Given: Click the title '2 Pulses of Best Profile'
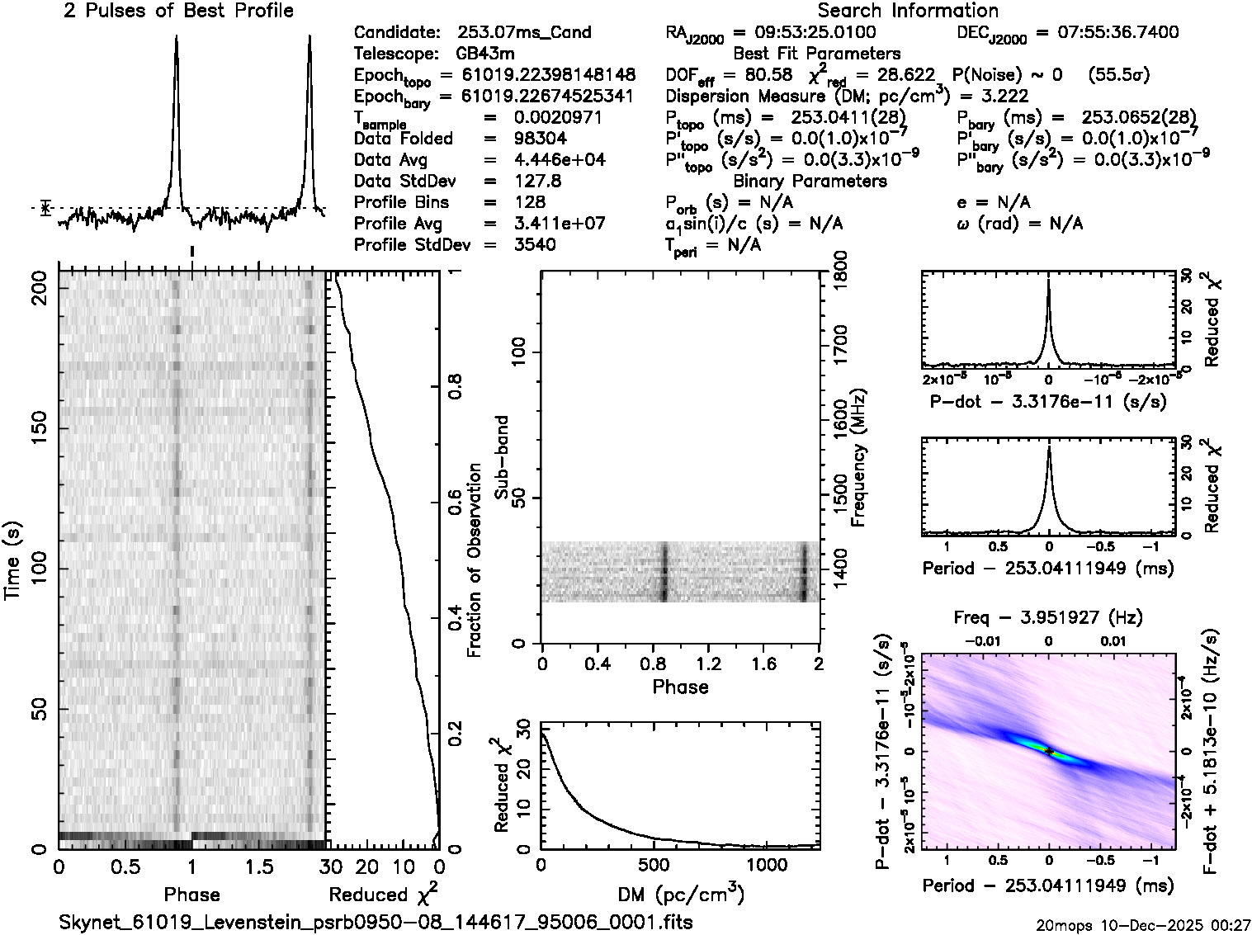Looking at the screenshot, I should [x=178, y=11].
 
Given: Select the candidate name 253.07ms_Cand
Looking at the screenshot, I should [x=524, y=32].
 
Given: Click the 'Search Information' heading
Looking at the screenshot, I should [x=908, y=11].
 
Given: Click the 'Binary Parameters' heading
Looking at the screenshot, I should [x=810, y=181].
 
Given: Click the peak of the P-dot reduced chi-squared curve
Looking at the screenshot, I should [x=1048, y=280].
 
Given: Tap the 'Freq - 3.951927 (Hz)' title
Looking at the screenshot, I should [x=1048, y=617].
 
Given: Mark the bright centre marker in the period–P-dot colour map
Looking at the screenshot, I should [x=1048, y=751].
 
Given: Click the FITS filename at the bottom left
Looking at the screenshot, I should [x=376, y=921].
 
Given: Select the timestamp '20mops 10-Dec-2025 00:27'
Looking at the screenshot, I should [x=1144, y=926].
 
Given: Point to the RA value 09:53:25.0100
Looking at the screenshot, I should [x=805, y=32].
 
